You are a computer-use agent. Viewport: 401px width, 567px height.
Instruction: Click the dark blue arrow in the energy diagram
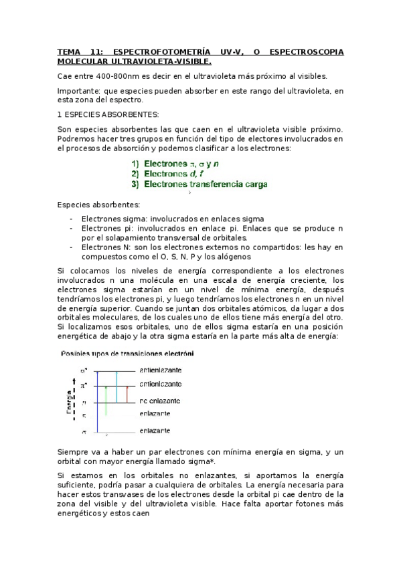point(98,401)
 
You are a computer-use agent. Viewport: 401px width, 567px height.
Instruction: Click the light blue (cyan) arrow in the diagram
point(116,386)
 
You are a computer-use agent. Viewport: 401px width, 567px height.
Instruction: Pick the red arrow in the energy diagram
point(127,394)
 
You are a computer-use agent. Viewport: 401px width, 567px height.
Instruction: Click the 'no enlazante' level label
point(159,401)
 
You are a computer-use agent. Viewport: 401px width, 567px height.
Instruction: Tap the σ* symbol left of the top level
point(84,370)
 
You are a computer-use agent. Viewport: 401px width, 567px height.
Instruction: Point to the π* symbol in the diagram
point(84,386)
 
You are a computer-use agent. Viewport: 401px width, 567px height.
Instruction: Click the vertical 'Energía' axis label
point(68,401)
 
